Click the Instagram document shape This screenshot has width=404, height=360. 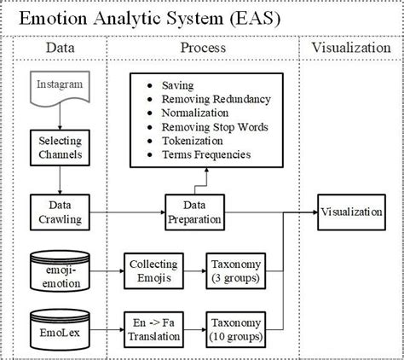click(59, 88)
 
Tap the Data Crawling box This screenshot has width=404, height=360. click(58, 212)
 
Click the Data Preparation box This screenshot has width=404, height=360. click(193, 212)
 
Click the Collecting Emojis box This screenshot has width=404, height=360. click(153, 267)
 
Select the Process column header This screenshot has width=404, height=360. click(203, 49)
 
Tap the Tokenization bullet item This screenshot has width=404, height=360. click(193, 141)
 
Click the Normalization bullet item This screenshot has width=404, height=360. click(196, 113)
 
